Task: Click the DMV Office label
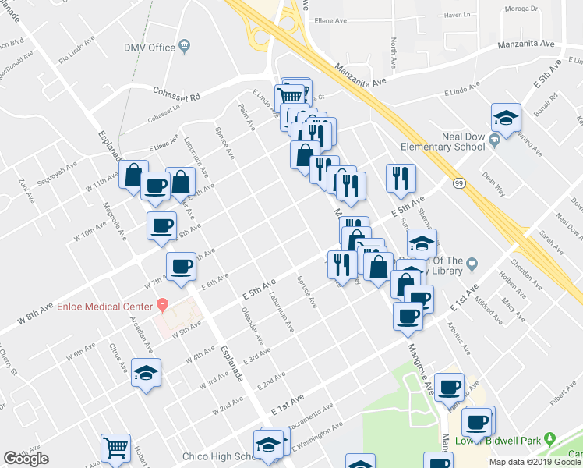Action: [150, 48]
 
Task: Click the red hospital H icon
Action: [162, 303]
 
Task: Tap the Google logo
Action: [26, 459]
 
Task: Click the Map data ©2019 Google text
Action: [535, 462]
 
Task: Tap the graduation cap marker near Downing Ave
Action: [506, 118]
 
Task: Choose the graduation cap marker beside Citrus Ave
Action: [146, 372]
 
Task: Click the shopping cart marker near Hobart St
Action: [115, 447]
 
